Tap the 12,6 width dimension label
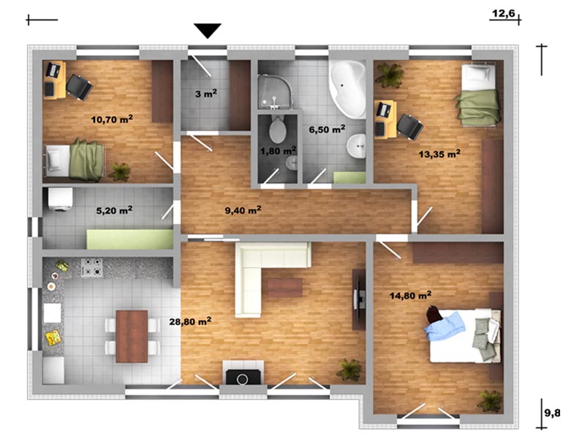[503, 14]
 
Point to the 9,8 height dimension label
[552, 413]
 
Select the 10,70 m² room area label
[112, 119]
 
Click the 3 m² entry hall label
[206, 94]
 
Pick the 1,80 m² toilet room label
[279, 151]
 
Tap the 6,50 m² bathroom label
[327, 130]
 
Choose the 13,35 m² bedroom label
[439, 154]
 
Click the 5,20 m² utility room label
[114, 211]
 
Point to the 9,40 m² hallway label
[243, 210]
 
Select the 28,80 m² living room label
[190, 321]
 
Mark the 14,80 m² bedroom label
[410, 296]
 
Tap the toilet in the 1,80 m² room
[278, 129]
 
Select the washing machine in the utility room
[60, 200]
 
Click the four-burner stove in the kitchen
[92, 268]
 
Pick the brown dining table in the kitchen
[132, 337]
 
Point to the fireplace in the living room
[244, 372]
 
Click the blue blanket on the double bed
[445, 326]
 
